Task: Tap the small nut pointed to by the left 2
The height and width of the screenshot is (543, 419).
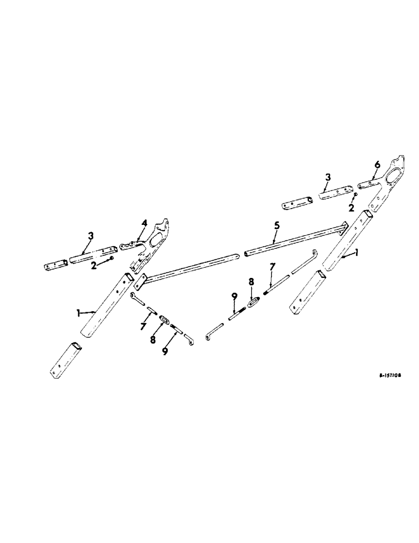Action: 111,258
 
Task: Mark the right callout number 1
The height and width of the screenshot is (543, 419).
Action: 357,253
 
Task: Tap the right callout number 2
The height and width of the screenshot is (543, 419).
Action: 351,208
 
